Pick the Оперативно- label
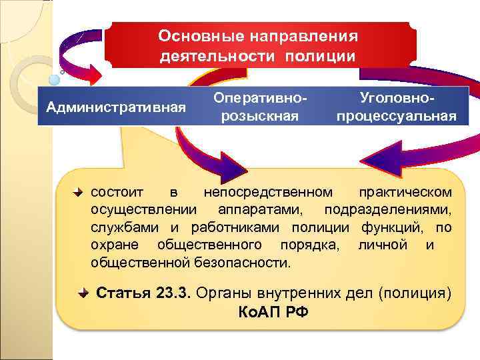[x=260, y=98]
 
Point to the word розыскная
[x=260, y=116]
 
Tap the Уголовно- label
[x=396, y=98]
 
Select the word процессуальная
[x=396, y=116]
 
